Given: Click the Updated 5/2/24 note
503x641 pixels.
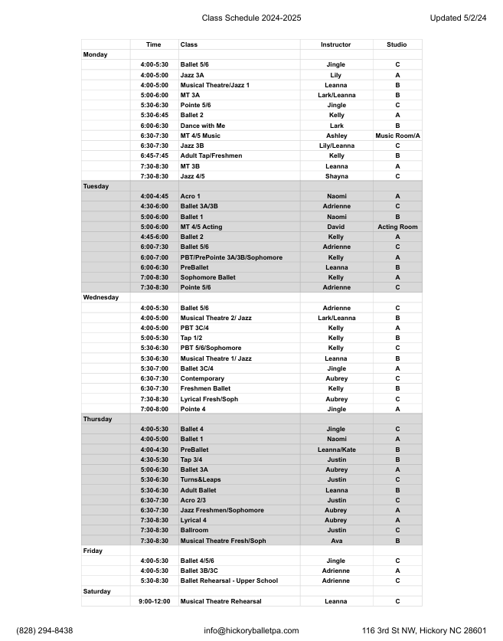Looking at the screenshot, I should [x=458, y=18].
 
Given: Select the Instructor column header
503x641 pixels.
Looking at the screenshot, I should [x=336, y=44].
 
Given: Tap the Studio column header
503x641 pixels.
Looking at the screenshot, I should [x=397, y=44].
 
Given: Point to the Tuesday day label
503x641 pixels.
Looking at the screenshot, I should [x=96, y=186].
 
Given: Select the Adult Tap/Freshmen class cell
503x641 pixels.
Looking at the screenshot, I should [x=211, y=155].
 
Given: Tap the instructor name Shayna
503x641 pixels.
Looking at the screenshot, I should [x=336, y=176].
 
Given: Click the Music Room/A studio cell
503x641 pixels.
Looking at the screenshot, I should [x=397, y=136].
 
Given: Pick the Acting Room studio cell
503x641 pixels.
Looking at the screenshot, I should [x=397, y=227].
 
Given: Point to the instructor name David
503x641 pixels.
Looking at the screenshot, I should [x=336, y=227].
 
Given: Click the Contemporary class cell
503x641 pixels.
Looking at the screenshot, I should [x=202, y=378].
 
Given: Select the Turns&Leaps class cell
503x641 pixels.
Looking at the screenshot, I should [x=201, y=479].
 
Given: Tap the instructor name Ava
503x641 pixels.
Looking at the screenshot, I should [x=336, y=541].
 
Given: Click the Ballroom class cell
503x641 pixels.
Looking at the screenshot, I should [x=194, y=530].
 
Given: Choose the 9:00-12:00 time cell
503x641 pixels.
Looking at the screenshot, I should [x=154, y=601].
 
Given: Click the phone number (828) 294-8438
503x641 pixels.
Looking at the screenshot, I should [x=44, y=630].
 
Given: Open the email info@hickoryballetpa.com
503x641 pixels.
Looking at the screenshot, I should [x=251, y=630].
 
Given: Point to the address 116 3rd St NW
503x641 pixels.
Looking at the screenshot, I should [x=392, y=630].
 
